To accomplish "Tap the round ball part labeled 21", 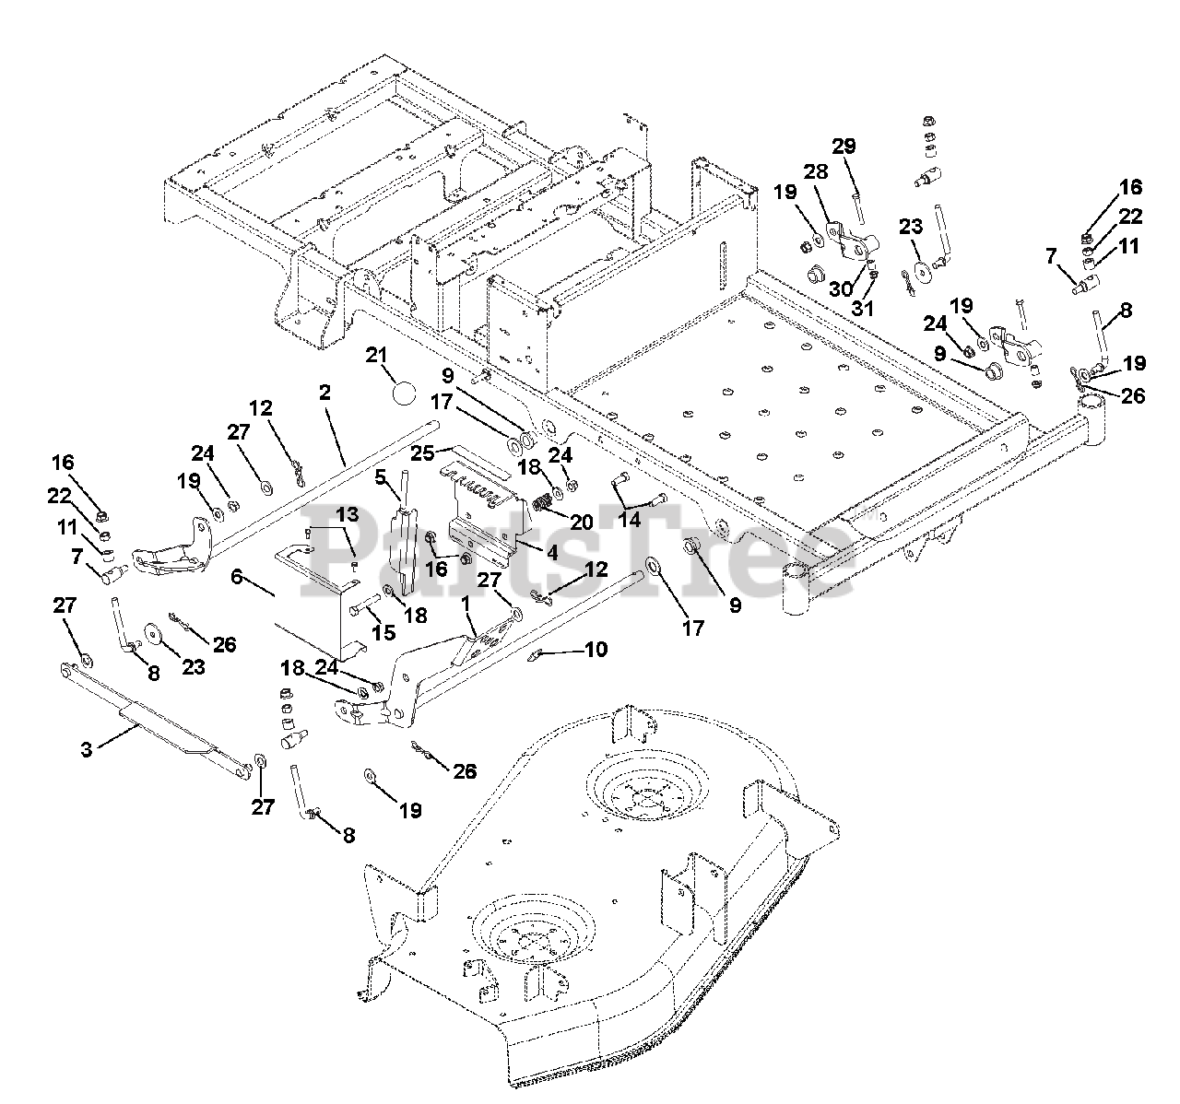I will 402,393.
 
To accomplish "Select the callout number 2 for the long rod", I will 324,393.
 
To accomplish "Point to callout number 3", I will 87,749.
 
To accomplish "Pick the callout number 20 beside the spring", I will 581,522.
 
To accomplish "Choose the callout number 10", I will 596,650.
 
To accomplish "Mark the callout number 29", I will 844,147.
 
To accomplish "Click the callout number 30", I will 839,288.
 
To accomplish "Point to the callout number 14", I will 628,520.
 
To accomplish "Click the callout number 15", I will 383,633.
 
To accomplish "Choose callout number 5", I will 380,477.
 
